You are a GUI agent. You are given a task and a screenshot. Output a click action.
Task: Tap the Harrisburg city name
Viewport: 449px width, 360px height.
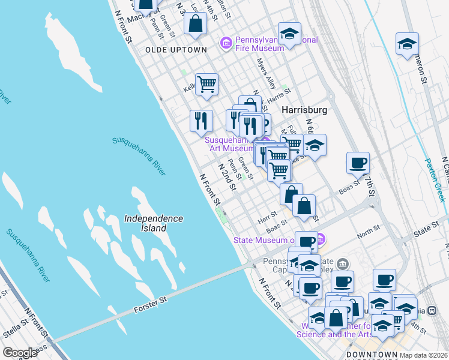304,110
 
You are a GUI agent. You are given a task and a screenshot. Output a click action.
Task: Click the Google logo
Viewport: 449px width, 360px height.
19,353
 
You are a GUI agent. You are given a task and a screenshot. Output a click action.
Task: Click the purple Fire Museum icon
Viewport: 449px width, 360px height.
226,42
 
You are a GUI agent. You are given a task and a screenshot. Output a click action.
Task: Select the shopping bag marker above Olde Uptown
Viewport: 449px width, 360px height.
196,24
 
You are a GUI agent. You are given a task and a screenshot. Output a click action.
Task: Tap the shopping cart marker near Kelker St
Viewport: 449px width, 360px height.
206,83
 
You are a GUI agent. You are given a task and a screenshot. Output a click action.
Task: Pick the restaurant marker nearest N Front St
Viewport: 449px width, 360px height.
201,120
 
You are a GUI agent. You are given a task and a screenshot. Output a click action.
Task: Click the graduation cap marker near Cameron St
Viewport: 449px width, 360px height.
407,44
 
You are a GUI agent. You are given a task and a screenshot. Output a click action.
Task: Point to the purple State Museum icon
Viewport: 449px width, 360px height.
321,240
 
